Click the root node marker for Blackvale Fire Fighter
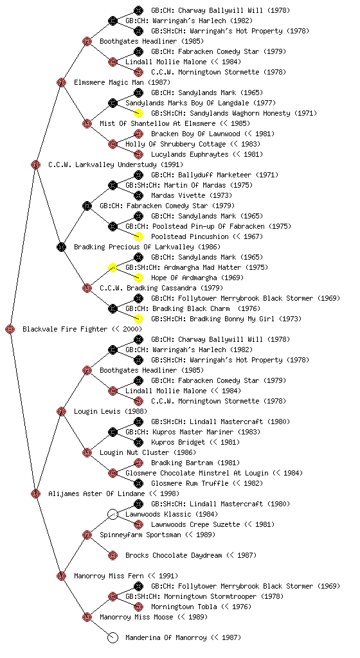10,329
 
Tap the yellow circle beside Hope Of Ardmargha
138,278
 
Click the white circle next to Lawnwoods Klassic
113,514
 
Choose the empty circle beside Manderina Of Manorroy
113,637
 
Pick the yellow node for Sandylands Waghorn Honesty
138,113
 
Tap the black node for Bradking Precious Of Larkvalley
61,247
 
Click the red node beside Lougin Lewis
61,411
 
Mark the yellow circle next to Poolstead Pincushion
138,236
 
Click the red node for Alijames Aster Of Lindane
35,493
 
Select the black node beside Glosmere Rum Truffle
138,483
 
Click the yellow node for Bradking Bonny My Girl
138,319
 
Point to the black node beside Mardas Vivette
138,195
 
